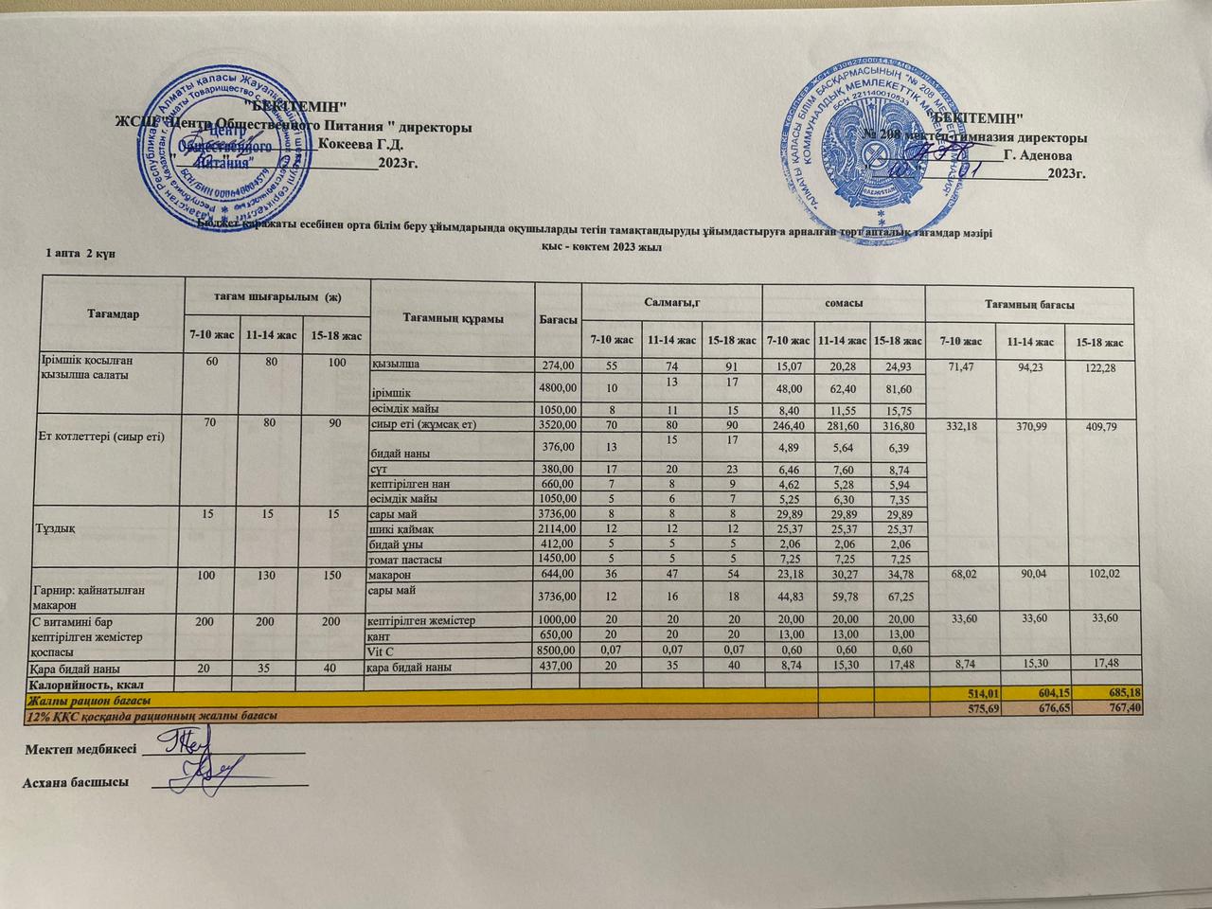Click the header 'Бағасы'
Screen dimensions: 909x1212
point(558,320)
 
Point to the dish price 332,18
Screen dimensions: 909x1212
point(962,427)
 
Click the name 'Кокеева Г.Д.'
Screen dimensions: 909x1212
point(362,145)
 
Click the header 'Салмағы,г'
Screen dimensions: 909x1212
point(670,300)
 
